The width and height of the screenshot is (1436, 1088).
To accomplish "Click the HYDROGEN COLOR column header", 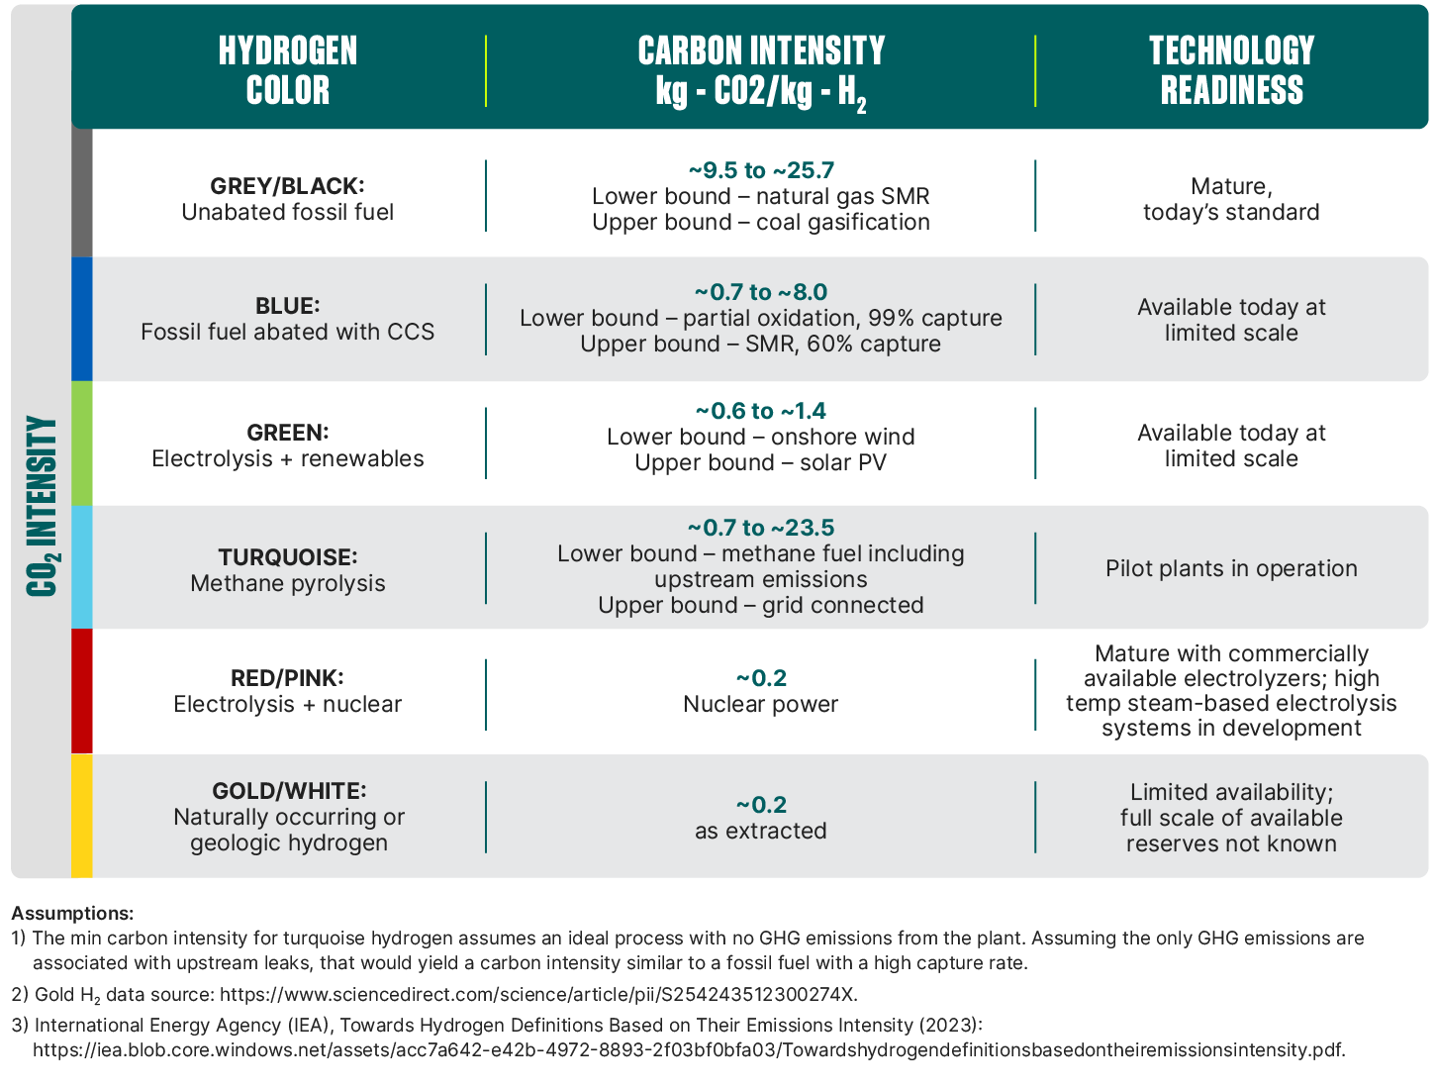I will (288, 70).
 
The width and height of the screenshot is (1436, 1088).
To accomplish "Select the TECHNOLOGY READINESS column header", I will (1231, 70).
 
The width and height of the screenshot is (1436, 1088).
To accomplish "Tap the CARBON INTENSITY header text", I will (760, 70).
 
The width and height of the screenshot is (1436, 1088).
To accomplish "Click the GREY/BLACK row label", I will (288, 186).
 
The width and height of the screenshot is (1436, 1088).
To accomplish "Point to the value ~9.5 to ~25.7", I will (761, 170).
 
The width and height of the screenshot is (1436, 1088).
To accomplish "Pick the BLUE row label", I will (288, 306).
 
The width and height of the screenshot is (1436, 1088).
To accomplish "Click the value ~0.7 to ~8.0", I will (761, 292).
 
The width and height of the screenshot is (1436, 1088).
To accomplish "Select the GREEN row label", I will (288, 433).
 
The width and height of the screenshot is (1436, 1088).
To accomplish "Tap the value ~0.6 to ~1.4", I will (761, 411).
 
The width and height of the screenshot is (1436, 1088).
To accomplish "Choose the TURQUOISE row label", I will (288, 557).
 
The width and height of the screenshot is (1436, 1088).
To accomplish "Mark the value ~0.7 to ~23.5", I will (761, 528).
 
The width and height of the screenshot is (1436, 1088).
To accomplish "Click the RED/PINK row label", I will (288, 678).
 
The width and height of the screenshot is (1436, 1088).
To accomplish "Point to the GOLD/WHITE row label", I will (289, 791).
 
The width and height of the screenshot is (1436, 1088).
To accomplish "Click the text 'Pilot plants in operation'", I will (1231, 568).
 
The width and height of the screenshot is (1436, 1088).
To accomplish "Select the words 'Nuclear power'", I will (760, 704).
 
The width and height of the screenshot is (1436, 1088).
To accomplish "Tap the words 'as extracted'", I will (760, 831).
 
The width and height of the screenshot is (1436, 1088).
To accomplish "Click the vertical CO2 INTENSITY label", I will (42, 506).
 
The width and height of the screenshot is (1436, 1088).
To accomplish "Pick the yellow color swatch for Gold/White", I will (82, 816).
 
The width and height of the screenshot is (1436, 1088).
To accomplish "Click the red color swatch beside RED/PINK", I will (82, 691).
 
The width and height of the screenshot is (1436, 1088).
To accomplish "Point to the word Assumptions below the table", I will (72, 913).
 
